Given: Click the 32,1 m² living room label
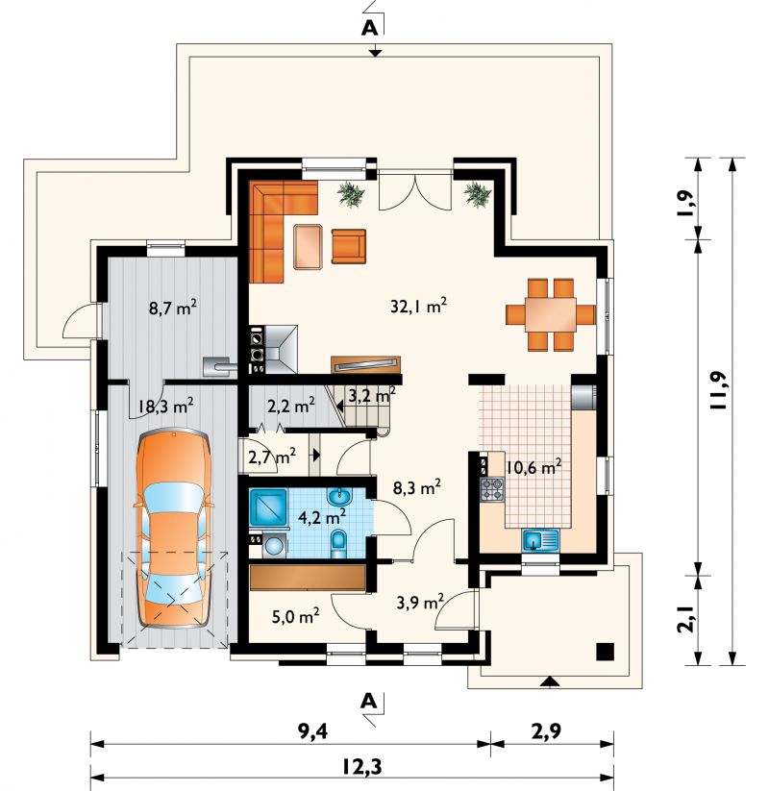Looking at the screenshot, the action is tap(419, 306).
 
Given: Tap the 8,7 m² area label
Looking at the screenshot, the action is tap(173, 308).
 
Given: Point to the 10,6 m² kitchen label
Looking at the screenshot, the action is tap(533, 467).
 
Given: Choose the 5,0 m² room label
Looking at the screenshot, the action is tap(295, 615).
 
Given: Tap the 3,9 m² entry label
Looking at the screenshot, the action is tap(420, 602).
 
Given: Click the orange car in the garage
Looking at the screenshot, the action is tap(174, 529).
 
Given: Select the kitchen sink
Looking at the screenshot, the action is tap(540, 540).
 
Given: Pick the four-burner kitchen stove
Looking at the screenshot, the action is tap(492, 489).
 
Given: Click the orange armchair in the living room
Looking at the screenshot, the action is tap(348, 246).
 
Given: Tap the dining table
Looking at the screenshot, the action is tap(551, 314).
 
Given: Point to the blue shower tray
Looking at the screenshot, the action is tap(268, 507).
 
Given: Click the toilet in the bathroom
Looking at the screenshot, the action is tap(338, 544).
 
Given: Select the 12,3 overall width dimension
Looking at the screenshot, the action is tap(362, 766).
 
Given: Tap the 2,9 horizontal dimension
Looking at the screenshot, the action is tap(547, 731).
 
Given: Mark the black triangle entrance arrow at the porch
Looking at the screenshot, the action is tap(551, 682).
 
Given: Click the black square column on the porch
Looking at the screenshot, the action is tap(605, 652).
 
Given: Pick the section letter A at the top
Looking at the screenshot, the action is tap(369, 29).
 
